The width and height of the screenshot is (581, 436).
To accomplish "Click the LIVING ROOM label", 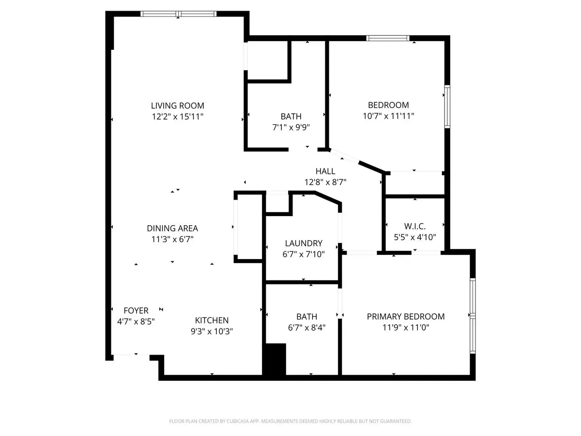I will pyautogui.click(x=177, y=106).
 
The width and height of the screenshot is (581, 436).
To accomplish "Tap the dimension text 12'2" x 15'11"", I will pyautogui.click(x=177, y=117).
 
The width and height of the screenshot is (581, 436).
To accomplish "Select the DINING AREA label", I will pyautogui.click(x=172, y=228).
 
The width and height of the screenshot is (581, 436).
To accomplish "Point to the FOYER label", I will pyautogui.click(x=136, y=310).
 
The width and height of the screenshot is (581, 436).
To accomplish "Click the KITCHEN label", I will pyautogui.click(x=212, y=320).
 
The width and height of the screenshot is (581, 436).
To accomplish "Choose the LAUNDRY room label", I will pyautogui.click(x=304, y=243).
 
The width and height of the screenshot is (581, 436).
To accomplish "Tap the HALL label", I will pyautogui.click(x=325, y=171).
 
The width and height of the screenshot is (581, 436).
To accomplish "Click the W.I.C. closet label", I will pyautogui.click(x=414, y=226).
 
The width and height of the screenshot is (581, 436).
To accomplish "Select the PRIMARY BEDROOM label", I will pyautogui.click(x=406, y=316).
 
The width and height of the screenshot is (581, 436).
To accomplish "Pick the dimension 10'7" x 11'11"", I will pyautogui.click(x=388, y=116).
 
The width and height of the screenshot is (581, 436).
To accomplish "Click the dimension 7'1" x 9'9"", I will pyautogui.click(x=291, y=127).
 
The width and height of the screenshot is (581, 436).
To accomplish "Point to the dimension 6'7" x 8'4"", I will pyautogui.click(x=306, y=327).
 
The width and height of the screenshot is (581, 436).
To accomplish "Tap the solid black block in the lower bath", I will pyautogui.click(x=275, y=358).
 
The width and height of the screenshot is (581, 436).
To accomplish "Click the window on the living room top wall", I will pyautogui.click(x=179, y=14).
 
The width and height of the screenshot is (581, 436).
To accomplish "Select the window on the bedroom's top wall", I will pyautogui.click(x=388, y=38).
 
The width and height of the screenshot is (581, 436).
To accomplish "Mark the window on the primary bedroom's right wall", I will pyautogui.click(x=473, y=315).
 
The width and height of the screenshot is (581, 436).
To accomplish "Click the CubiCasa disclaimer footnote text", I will pyautogui.click(x=290, y=421).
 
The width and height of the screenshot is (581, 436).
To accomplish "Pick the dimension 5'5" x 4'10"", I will pyautogui.click(x=414, y=237).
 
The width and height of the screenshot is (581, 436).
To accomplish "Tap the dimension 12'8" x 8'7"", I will pyautogui.click(x=325, y=182).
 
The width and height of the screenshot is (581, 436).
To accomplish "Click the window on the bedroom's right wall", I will pyautogui.click(x=447, y=106).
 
